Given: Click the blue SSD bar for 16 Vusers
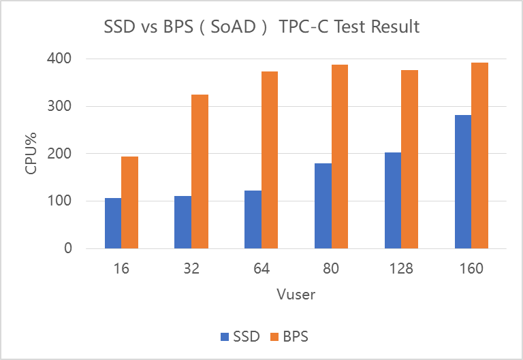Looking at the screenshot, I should click(113, 223).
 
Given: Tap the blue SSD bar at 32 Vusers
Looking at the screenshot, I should click(183, 222).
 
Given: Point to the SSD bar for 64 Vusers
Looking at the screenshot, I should click(253, 219).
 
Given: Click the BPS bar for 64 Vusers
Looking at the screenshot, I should click(270, 160).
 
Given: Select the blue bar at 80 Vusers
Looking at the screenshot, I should click(323, 206).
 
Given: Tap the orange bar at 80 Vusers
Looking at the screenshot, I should click(340, 157).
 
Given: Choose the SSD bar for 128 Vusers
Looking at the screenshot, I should click(393, 200).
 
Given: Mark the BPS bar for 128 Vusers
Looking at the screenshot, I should click(409, 159).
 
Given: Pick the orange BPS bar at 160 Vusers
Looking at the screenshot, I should click(479, 155).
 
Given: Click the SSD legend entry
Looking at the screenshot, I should click(240, 336).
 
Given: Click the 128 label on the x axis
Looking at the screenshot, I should click(401, 268).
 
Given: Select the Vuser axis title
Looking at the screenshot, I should click(296, 295).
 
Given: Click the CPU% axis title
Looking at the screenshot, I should click(32, 154).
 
